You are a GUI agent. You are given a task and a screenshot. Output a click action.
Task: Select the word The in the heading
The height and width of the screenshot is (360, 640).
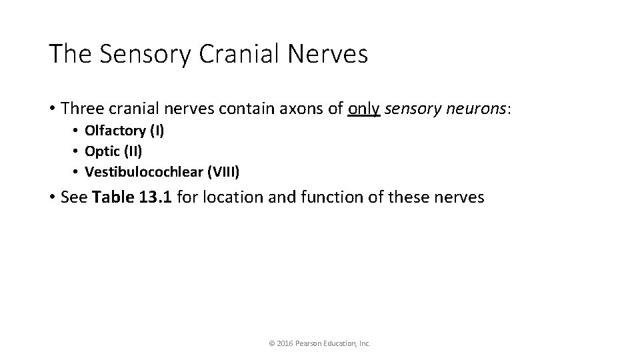pyautogui.click(x=69, y=54)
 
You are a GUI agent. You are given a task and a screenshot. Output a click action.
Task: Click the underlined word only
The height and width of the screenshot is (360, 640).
pyautogui.click(x=364, y=108)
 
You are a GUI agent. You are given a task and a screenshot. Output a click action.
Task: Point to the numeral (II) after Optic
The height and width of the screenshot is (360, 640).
pyautogui.click(x=133, y=151)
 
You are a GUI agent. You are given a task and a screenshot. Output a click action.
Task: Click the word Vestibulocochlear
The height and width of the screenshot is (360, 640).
pyautogui.click(x=143, y=172)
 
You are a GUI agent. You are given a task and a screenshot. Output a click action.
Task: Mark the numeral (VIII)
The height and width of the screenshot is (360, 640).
pyautogui.click(x=223, y=172)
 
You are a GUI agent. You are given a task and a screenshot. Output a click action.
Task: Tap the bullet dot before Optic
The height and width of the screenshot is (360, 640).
pyautogui.click(x=77, y=151)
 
